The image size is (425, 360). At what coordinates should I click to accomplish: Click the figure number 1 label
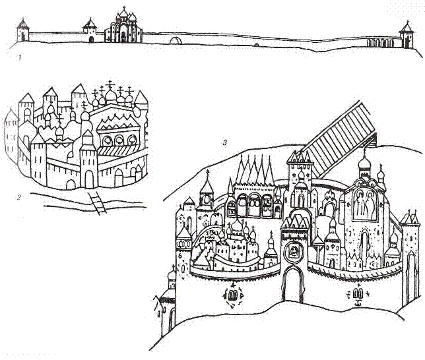point(19,57)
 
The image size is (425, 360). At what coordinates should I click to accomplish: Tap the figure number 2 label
point(18,197)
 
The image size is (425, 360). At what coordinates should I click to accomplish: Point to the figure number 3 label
point(224,142)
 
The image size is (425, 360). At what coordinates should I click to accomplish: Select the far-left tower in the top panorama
point(22,30)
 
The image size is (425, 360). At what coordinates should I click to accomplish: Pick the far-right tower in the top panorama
point(407,35)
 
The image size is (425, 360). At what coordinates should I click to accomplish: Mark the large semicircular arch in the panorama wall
point(176,40)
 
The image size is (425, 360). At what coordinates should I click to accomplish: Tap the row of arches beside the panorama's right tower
point(379,43)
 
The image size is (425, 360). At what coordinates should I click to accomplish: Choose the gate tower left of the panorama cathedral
point(90,30)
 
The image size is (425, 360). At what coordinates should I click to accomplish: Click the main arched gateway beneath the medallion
point(293,284)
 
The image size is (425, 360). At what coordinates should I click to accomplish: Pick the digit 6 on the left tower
point(181,255)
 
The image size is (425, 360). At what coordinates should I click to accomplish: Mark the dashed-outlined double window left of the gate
point(232,295)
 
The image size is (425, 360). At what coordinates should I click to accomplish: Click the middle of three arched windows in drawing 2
point(119,140)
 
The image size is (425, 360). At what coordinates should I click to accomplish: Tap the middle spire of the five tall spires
point(255,169)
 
